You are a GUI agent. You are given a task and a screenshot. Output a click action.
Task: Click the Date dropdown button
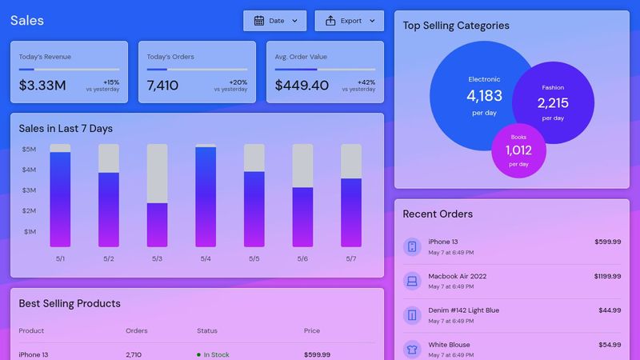274,21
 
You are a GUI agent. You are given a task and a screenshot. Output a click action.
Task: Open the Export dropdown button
349,21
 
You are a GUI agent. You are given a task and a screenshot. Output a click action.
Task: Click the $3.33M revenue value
42,85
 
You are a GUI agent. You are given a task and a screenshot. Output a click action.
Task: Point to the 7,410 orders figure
162,85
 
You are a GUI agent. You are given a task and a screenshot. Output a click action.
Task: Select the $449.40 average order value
302,85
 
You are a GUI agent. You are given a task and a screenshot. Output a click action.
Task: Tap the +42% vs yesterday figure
366,82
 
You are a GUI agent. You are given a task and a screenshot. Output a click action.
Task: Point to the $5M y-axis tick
29,150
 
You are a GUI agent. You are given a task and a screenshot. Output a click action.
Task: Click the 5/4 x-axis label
206,258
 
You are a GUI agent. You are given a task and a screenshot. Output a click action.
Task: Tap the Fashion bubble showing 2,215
553,102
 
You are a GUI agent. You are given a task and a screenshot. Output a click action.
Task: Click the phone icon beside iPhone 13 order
412,246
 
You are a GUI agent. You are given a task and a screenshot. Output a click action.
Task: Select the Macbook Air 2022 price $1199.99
607,276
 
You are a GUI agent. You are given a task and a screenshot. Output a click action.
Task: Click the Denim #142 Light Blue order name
463,310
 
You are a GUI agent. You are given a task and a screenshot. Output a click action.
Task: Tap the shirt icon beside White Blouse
412,349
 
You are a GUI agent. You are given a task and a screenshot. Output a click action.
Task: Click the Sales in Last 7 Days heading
66,129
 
